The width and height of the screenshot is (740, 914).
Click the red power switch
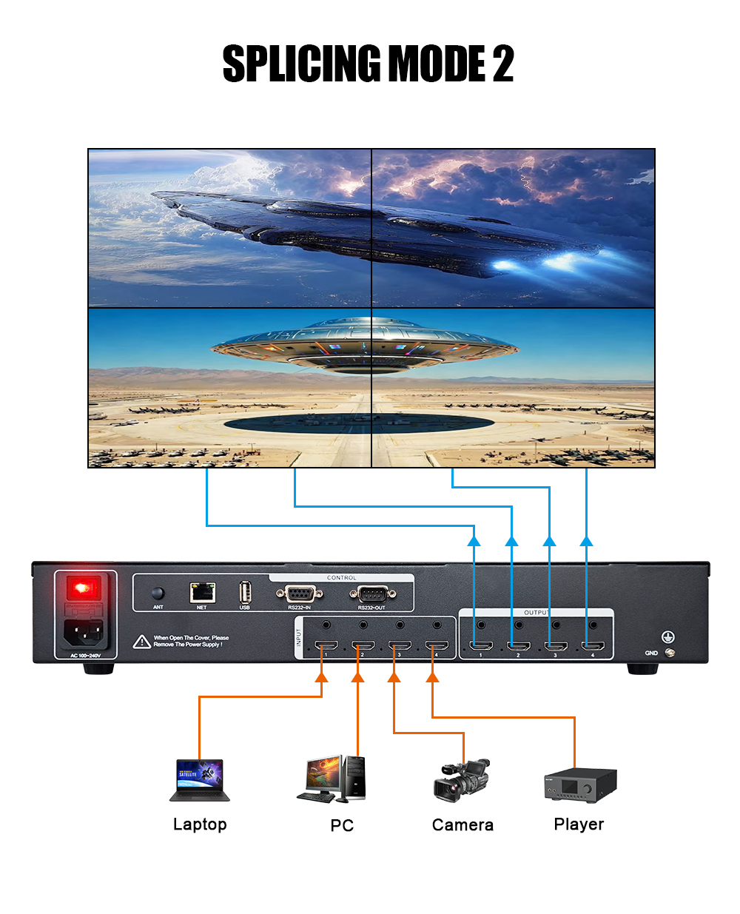click(83, 588)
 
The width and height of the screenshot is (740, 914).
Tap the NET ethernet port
click(202, 592)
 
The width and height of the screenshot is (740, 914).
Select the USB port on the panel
click(245, 592)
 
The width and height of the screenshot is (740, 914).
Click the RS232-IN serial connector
click(299, 593)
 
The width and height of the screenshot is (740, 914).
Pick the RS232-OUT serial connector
click(372, 593)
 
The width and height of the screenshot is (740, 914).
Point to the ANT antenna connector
click(158, 593)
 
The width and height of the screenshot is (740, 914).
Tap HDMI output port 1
click(482, 646)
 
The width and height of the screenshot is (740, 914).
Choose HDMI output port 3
click(556, 646)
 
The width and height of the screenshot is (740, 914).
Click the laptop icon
click(200, 780)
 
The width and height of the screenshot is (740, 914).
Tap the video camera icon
click(462, 780)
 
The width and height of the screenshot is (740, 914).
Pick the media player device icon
click(580, 784)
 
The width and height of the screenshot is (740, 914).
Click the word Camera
click(462, 824)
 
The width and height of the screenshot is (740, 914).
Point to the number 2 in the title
click(503, 64)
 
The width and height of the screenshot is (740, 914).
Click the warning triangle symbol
click(142, 642)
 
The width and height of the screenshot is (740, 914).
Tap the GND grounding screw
click(670, 652)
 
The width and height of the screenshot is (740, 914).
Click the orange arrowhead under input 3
click(394, 676)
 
